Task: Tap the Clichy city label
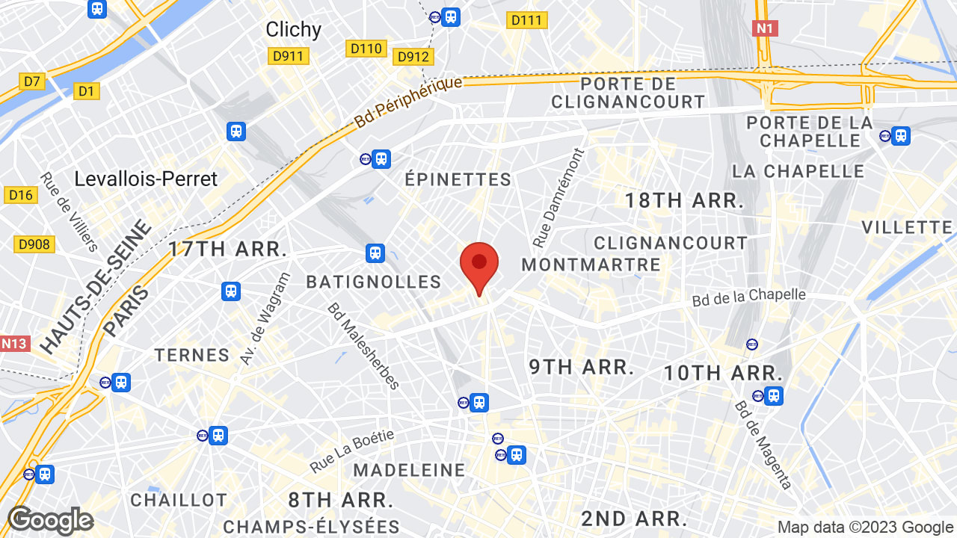pos(293,29)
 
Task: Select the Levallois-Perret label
pos(146,179)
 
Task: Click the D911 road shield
pos(289,56)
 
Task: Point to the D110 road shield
pos(366,49)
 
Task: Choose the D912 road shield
pos(413,57)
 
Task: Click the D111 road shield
pos(527,20)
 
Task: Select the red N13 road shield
pos(14,344)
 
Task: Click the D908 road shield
pos(34,244)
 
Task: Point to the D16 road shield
pos(20,195)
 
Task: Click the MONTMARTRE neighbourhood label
pos(591,265)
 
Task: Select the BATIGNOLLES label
pos(374,282)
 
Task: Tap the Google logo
pos(50,520)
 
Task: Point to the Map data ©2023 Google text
pos(865,528)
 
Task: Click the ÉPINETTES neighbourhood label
pos(458,179)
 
